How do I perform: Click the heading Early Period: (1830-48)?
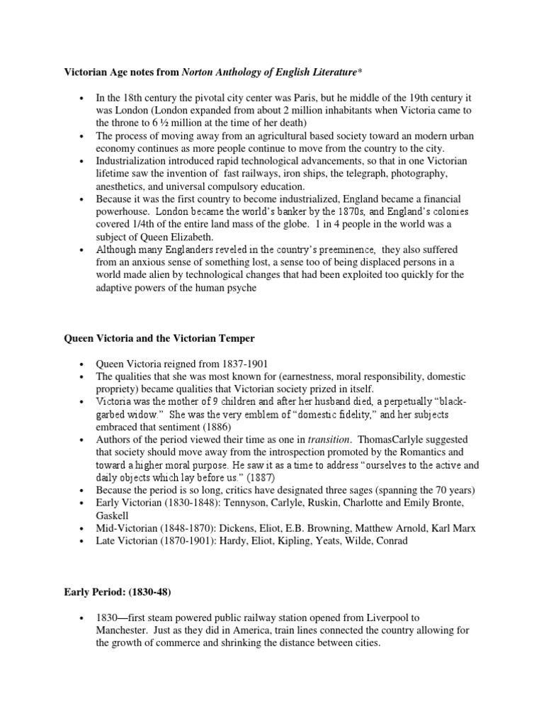coord(118,591)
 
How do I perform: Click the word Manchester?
coord(123,630)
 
